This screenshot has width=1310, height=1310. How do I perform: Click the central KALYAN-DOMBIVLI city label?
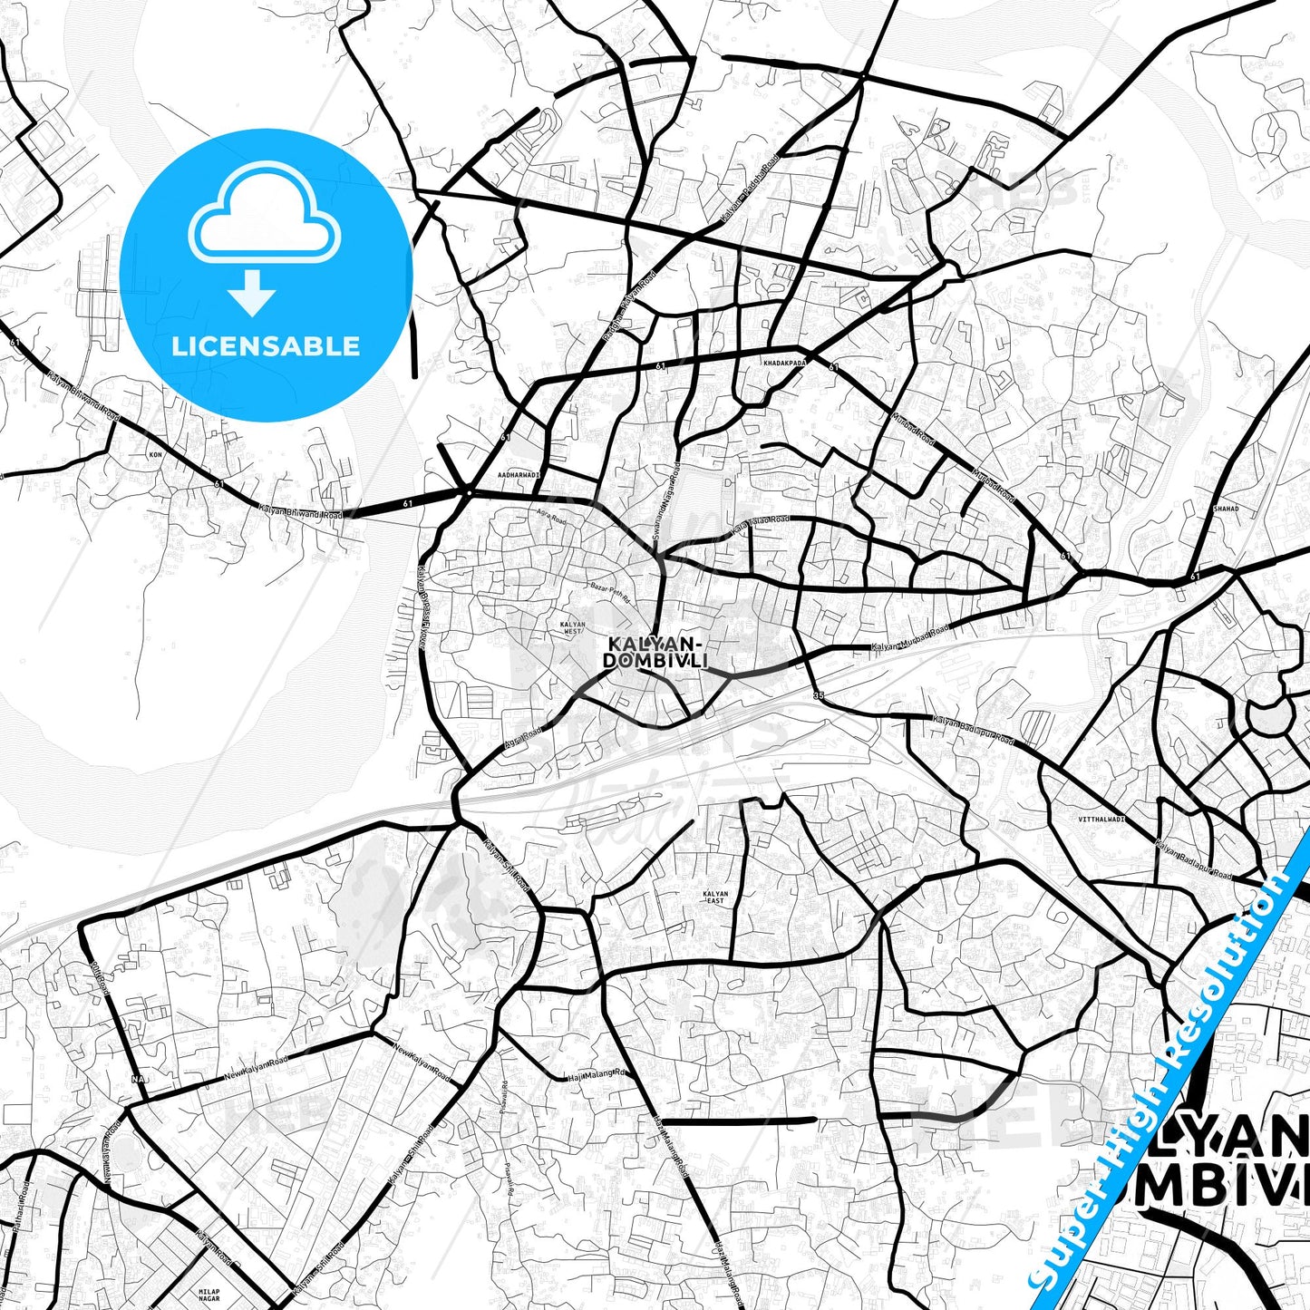[655, 652]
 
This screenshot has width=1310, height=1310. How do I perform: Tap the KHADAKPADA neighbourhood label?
[784, 362]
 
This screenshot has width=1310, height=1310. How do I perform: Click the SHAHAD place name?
[1226, 509]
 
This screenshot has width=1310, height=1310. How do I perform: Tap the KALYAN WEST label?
[572, 627]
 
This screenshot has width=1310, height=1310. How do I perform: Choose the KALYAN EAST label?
[715, 898]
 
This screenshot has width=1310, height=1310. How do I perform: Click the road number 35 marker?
[819, 695]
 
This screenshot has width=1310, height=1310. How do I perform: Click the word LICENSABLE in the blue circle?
[266, 345]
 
